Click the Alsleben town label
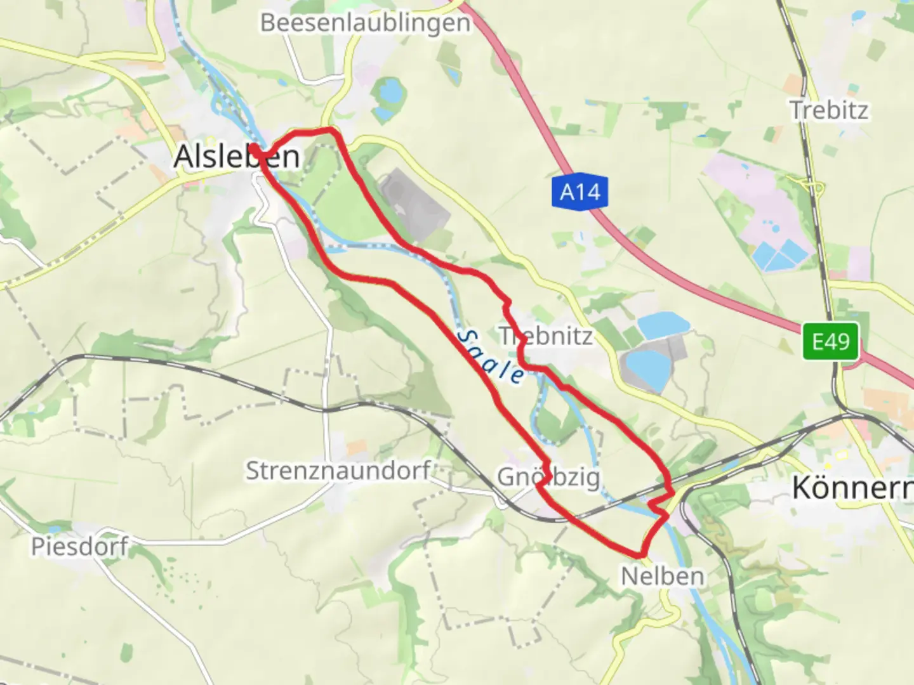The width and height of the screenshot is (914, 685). [x=237, y=156]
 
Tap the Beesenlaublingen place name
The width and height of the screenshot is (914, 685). [x=366, y=23]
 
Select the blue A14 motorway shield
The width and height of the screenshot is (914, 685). [x=580, y=192]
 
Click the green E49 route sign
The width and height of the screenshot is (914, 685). [x=830, y=341]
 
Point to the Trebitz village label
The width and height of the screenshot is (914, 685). [x=829, y=110]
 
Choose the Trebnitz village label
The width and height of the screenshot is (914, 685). [x=546, y=336]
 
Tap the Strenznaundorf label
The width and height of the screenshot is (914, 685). [x=338, y=471]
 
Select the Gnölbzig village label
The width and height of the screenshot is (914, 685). [x=548, y=477]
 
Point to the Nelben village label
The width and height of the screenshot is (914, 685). [x=662, y=576]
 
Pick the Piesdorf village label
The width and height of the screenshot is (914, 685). [x=80, y=546]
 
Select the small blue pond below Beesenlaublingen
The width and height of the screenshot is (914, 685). [x=390, y=92]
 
